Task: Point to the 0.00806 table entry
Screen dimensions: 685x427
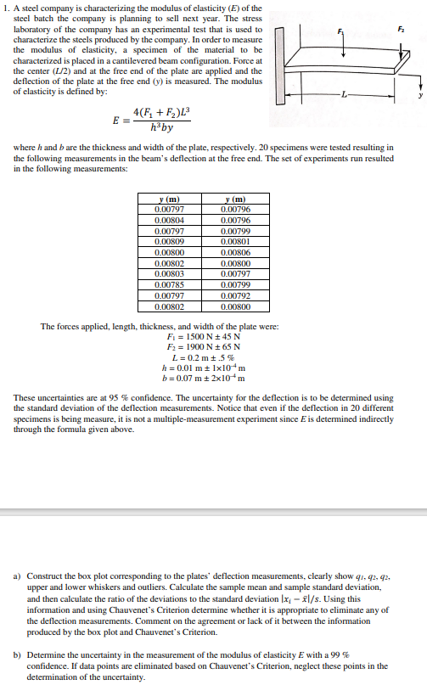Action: (x=234, y=251)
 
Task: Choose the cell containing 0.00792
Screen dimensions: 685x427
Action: (x=234, y=295)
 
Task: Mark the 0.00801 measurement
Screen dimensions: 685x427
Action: (x=234, y=240)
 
